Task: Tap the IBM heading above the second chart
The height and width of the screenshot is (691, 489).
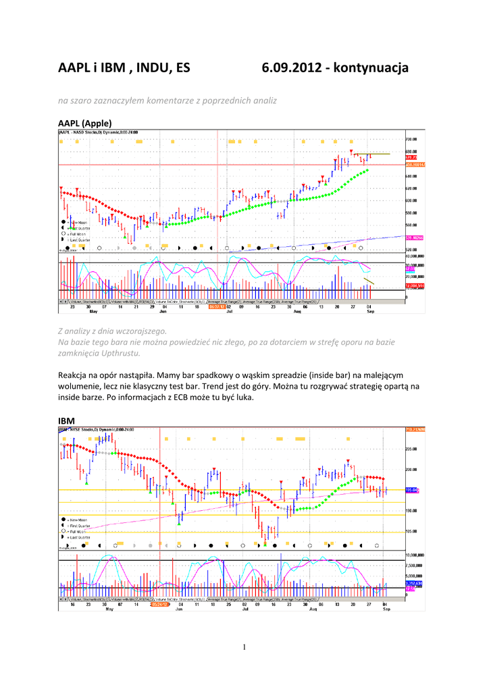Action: [66, 421]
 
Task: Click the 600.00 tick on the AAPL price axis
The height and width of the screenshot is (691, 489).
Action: [411, 200]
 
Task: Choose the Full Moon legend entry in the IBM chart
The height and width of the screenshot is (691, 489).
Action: [76, 531]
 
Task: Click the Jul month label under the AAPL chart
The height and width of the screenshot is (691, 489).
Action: [230, 312]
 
